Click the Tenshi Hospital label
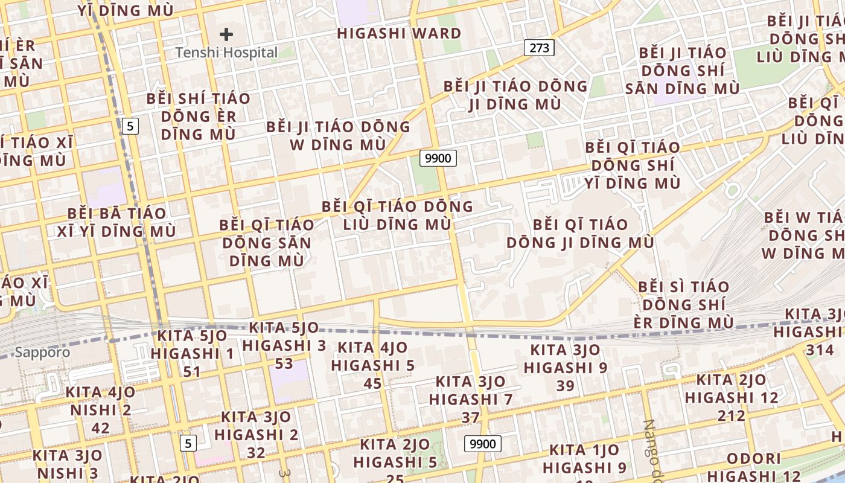[x=226, y=53]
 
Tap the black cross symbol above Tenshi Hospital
[x=226, y=34]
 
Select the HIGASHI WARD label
[x=399, y=33]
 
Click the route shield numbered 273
[x=539, y=48]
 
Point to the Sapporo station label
[x=42, y=352]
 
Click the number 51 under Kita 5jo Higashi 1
[x=192, y=371]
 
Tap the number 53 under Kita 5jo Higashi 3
[x=284, y=363]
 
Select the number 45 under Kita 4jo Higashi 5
[x=372, y=383]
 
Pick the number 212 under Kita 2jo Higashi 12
[x=732, y=415]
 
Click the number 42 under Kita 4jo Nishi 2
[x=100, y=428]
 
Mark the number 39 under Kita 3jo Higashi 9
[x=566, y=385]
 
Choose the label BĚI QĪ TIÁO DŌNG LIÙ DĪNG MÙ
[x=397, y=216]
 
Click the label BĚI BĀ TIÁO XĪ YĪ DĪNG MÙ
[x=116, y=222]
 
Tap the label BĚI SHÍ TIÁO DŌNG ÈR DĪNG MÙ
[x=198, y=117]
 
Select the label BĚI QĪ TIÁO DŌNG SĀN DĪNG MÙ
[x=266, y=243]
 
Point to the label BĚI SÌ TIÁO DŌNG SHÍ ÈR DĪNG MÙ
[x=684, y=304]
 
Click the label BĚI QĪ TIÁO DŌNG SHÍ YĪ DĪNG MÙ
[x=633, y=165]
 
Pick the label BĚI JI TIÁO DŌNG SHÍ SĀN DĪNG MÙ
[x=683, y=71]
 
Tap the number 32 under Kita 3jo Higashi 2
[x=256, y=452]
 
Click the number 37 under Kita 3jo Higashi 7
[x=470, y=417]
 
